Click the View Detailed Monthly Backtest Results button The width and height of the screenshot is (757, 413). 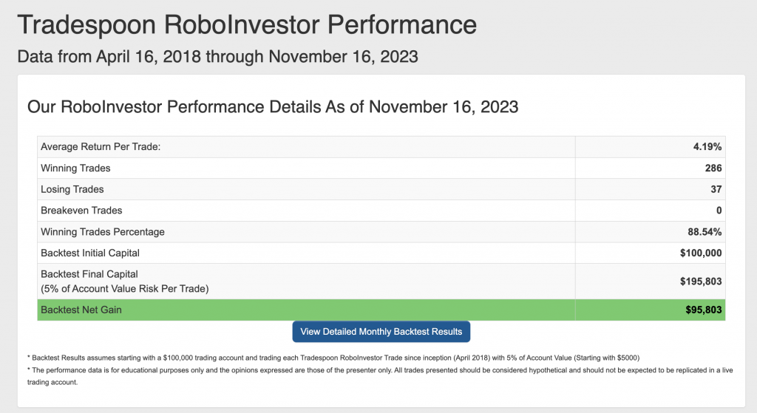[x=381, y=332]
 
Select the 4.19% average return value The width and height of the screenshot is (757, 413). [x=707, y=147]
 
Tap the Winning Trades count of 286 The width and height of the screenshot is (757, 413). [x=713, y=168]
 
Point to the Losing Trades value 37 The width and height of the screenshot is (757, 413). [x=716, y=189]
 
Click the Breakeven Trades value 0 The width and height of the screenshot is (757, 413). [x=719, y=211]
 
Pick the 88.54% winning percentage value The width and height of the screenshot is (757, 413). [x=705, y=231]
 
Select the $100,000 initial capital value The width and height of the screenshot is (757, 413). [x=701, y=253]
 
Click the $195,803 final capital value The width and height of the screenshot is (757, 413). [x=701, y=281]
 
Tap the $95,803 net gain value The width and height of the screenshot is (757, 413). [x=704, y=310]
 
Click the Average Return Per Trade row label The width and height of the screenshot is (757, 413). [x=101, y=147]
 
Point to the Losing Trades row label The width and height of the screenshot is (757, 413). [x=72, y=189]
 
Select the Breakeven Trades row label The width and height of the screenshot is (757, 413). [x=81, y=211]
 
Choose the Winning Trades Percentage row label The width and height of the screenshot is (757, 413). [x=102, y=231]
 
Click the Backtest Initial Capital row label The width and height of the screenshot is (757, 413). [x=89, y=253]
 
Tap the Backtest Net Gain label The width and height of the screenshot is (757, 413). [x=81, y=310]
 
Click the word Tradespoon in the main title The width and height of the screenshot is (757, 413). [x=87, y=24]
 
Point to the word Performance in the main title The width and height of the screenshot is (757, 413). [x=402, y=24]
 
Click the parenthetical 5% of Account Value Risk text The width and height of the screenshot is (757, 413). [x=124, y=289]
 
